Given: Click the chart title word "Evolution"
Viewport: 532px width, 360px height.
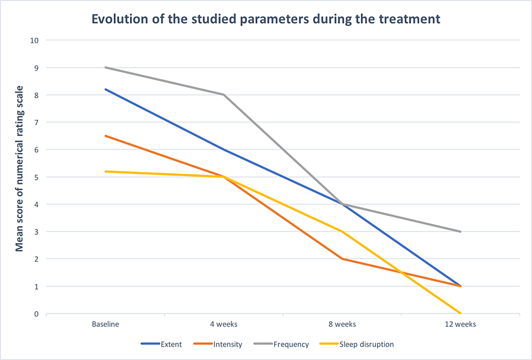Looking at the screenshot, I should tap(116, 19).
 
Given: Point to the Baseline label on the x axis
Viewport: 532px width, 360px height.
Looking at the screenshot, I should tap(105, 324).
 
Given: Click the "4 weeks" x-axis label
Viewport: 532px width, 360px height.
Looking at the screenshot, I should tap(223, 324).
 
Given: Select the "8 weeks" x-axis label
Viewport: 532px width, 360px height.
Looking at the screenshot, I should tap(342, 324).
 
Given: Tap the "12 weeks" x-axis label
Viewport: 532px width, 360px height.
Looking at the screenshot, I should tap(460, 324).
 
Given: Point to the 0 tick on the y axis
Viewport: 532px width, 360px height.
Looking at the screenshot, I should tap(37, 314).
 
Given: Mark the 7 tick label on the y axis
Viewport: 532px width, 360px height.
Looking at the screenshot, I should tap(37, 122).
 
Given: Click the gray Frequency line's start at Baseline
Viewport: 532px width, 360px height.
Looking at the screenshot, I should tap(105, 67).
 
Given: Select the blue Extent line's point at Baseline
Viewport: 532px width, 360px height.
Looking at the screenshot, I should tap(105, 89).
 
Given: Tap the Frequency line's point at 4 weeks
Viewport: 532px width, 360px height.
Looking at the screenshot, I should tap(223, 94).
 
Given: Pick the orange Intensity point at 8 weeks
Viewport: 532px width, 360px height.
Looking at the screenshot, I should tap(342, 259).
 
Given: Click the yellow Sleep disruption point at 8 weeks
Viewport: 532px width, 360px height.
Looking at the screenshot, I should tap(342, 232).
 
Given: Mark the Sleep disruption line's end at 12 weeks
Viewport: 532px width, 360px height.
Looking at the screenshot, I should tap(460, 313).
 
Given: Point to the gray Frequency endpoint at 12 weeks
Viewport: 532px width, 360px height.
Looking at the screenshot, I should tap(460, 232).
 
